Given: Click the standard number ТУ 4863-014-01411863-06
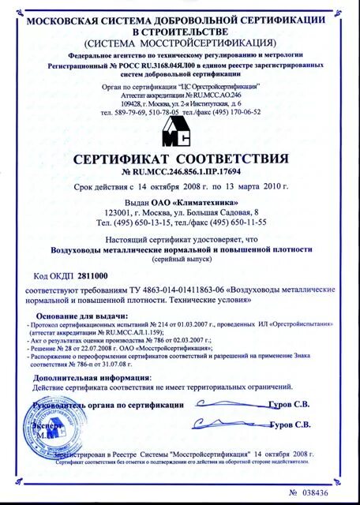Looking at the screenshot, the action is pyautogui.click(x=167, y=290).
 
